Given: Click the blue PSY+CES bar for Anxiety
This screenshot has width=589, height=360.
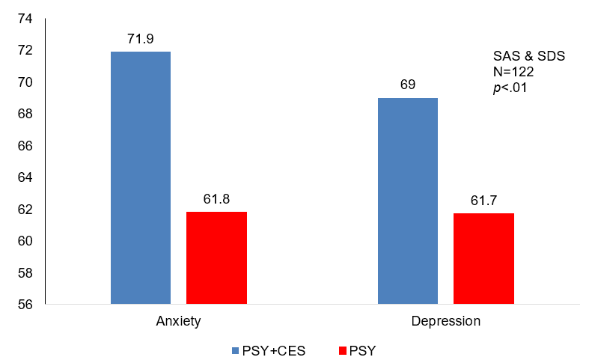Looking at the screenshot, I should pyautogui.click(x=141, y=178).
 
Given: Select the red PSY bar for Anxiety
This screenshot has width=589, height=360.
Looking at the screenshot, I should pyautogui.click(x=216, y=258).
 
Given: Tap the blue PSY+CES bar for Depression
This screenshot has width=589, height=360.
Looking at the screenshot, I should pyautogui.click(x=408, y=201).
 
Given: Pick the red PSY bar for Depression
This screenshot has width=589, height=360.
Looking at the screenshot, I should pyautogui.click(x=483, y=259).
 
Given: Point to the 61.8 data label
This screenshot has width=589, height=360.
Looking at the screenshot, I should pyautogui.click(x=216, y=199).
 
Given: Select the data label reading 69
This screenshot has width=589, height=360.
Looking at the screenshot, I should pyautogui.click(x=408, y=84).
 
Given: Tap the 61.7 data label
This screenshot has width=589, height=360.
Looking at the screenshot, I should pyautogui.click(x=483, y=201).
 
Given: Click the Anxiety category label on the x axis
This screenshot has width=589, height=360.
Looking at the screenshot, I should pyautogui.click(x=178, y=321).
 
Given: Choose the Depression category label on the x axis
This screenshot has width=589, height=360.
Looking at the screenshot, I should pyautogui.click(x=445, y=321).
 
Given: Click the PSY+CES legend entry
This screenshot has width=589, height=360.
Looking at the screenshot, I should pyautogui.click(x=274, y=350).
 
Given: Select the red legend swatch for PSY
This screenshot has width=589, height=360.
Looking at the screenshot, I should pyautogui.click(x=344, y=350).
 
